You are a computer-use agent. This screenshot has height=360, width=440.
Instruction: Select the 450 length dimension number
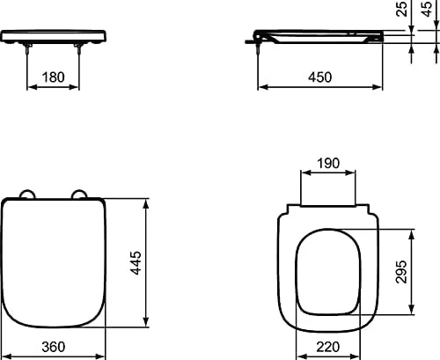(x=319, y=77)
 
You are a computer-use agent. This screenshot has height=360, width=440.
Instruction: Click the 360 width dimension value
(x=55, y=347)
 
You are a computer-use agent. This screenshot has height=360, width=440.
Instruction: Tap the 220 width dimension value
(x=330, y=347)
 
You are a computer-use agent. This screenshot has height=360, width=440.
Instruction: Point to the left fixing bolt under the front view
(x=31, y=53)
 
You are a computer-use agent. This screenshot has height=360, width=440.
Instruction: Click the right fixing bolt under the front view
(x=81, y=53)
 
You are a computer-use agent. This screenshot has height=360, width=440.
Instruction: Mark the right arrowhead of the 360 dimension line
(x=106, y=356)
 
